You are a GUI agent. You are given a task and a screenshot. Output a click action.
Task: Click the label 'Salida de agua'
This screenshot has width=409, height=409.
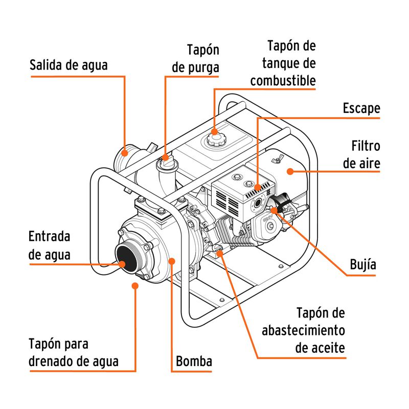(69, 65)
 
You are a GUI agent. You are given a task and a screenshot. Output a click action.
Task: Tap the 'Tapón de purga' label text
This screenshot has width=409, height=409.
(196, 59)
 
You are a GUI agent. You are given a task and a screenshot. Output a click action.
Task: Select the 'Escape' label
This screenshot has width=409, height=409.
(361, 108)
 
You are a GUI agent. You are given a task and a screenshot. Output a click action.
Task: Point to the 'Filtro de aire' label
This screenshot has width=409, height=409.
(361, 154)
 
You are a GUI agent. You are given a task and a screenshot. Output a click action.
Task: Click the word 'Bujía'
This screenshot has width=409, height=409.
(363, 264)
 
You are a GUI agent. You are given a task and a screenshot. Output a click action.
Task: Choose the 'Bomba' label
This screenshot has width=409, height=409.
(194, 361)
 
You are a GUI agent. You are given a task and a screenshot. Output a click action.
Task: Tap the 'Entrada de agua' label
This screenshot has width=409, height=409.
(49, 245)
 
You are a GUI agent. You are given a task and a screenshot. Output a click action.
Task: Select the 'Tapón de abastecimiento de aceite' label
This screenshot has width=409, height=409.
(303, 330)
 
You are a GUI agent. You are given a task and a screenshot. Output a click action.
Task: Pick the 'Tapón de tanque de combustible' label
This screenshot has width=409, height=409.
(283, 63)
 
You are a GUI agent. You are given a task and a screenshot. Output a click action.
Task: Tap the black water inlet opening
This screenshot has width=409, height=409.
(123, 257)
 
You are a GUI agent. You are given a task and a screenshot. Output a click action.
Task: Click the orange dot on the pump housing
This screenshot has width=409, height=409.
(172, 261)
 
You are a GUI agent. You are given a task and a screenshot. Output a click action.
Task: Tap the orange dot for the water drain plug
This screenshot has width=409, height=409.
(135, 285)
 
